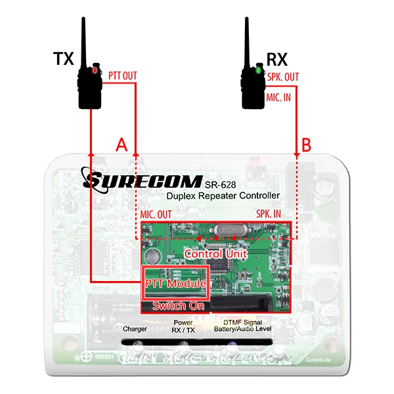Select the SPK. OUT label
284,77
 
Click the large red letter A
121,144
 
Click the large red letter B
307,144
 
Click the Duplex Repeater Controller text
223,196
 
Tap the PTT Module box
176,284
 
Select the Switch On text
178,305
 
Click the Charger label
135,328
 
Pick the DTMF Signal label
242,322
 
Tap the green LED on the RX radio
259,70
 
